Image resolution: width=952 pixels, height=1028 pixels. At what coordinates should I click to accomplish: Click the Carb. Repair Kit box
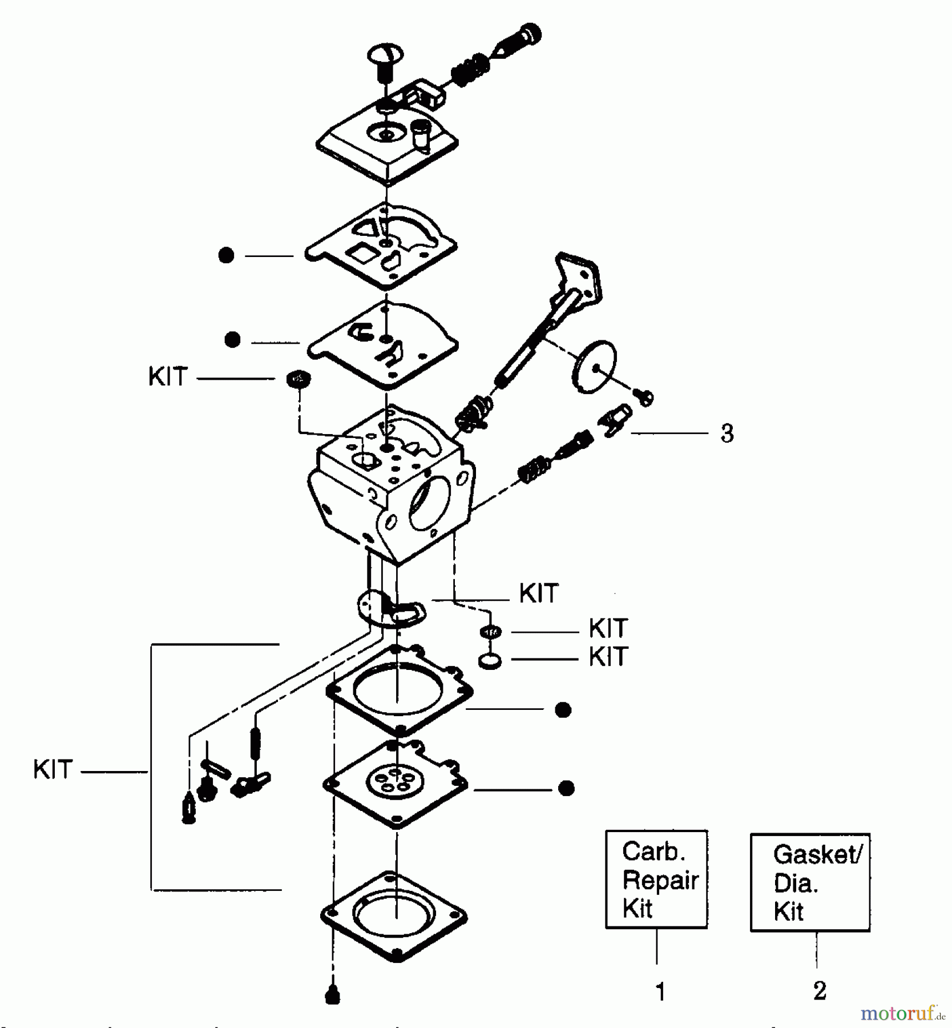656,880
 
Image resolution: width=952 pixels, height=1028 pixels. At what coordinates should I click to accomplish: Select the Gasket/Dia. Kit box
810,882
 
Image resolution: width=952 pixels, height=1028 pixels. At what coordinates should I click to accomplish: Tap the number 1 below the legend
660,992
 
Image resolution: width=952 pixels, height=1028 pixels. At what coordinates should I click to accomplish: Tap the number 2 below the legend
820,990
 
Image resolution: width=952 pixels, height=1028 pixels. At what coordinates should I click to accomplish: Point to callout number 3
727,433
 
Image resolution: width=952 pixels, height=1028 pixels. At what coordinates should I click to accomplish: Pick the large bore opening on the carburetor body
431,503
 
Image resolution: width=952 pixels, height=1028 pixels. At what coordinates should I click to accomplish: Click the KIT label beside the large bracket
53,770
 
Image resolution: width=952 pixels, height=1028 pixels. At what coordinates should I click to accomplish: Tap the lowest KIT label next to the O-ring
608,657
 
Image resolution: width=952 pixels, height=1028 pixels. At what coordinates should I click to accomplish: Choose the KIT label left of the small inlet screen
168,377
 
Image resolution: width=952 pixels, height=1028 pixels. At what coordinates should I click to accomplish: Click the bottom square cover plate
394,917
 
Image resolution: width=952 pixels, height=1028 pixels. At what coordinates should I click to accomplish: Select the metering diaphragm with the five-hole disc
395,782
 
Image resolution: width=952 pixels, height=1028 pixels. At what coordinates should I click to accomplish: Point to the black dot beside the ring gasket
563,710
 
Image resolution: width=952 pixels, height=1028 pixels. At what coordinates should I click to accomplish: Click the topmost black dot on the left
226,255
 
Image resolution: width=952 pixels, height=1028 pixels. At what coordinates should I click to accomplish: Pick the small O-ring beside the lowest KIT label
490,662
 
